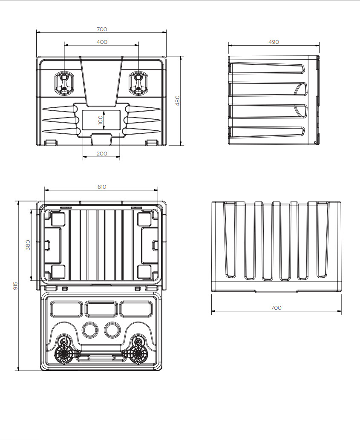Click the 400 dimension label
point(102,42)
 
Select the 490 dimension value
point(274,42)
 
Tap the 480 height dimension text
point(177,101)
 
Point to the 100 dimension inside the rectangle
point(101,120)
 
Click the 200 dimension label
point(102,153)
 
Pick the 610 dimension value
point(101,187)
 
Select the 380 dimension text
point(28,245)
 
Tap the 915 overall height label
point(15,286)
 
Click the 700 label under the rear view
point(276,308)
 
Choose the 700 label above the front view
point(102,29)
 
